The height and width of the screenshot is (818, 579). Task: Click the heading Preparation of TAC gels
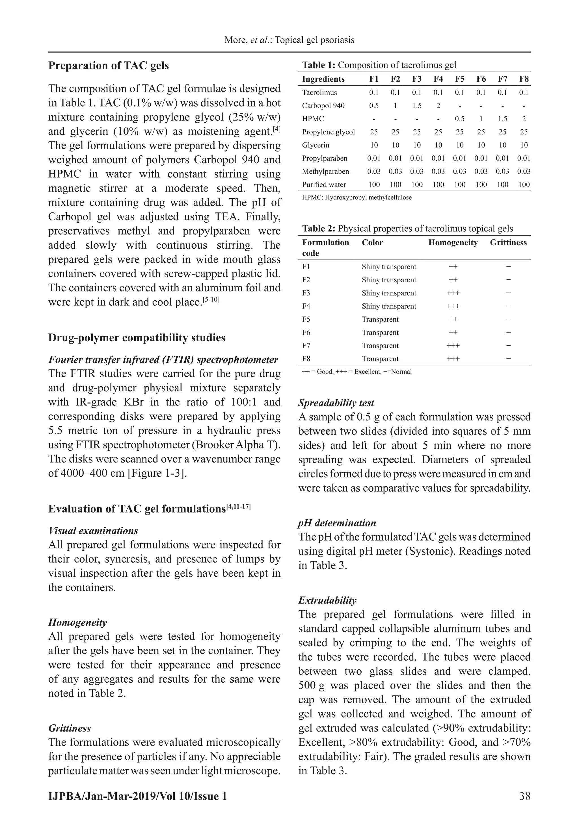tap(108, 66)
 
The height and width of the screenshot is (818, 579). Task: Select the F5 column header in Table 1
tap(460, 79)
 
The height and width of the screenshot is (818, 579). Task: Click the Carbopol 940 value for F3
tap(416, 106)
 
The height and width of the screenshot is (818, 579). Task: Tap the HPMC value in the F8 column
tap(524, 119)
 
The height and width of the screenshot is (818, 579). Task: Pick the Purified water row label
tap(324, 185)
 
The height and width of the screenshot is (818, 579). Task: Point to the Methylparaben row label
tap(325, 171)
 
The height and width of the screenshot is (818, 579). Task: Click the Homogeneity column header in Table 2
tap(453, 243)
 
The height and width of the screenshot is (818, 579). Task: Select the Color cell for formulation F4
tap(389, 306)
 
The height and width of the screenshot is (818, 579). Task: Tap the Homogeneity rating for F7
tap(453, 346)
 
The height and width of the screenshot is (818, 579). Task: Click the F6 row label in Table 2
tap(306, 332)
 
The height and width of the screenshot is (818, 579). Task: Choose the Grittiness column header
tap(508, 243)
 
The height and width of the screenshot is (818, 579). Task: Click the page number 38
tap(525, 796)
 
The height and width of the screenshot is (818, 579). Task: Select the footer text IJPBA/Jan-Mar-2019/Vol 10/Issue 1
tap(138, 796)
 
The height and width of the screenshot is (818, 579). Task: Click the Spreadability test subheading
tap(336, 403)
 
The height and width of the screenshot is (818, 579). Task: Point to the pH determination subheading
tap(337, 523)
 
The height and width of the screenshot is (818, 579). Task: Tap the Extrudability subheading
tap(327, 600)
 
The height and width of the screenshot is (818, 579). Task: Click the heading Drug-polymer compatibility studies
tap(137, 338)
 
